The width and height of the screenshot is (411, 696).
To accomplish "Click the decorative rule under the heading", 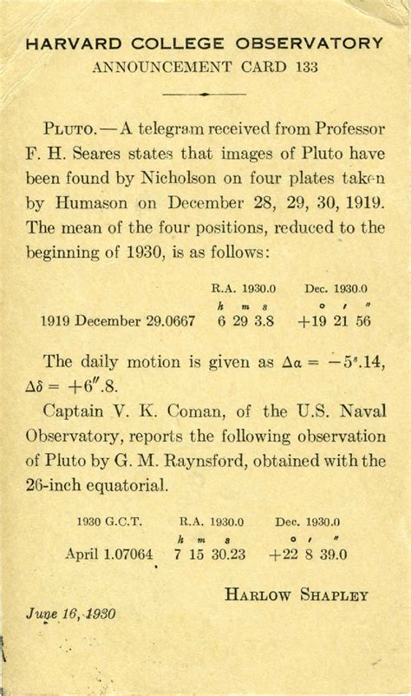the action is tap(205, 93).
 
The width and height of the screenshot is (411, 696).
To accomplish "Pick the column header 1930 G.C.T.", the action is tap(108, 522).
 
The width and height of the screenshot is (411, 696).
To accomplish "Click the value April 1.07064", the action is tap(108, 553).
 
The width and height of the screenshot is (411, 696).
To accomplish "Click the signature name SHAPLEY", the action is tap(331, 594).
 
